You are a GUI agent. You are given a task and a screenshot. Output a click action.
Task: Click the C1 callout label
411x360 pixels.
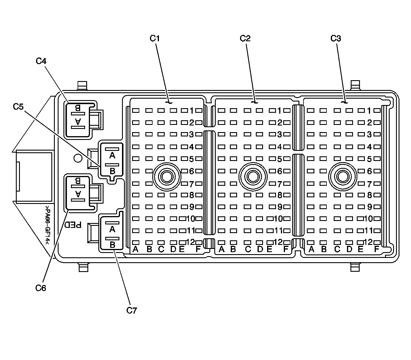point(155,38)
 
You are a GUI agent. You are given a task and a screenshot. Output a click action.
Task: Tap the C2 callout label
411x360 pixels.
point(245,38)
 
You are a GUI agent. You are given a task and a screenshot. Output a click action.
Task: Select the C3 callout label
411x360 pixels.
point(335,38)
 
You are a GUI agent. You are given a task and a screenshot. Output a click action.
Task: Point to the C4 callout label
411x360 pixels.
point(41,61)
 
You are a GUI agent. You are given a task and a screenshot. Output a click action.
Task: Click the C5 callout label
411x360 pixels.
point(18,107)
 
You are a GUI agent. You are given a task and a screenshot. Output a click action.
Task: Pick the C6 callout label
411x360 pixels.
point(41,288)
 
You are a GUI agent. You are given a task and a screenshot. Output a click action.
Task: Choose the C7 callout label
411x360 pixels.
point(132,310)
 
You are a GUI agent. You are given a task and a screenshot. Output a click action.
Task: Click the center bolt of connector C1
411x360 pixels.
point(166,176)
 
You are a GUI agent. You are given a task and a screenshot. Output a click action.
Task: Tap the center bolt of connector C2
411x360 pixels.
point(253,176)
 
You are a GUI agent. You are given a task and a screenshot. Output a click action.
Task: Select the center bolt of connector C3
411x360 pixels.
point(343,176)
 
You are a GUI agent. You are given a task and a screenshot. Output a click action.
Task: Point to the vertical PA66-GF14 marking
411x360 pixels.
point(47,225)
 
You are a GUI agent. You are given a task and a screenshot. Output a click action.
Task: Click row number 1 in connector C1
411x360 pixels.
point(192,110)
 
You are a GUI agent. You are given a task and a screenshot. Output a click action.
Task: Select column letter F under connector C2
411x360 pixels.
point(286,249)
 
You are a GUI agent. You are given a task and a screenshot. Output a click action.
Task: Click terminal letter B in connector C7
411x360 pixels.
point(112,245)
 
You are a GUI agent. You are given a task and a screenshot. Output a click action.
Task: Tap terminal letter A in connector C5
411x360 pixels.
point(112,156)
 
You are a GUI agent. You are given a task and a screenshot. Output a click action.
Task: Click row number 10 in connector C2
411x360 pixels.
point(278,218)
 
